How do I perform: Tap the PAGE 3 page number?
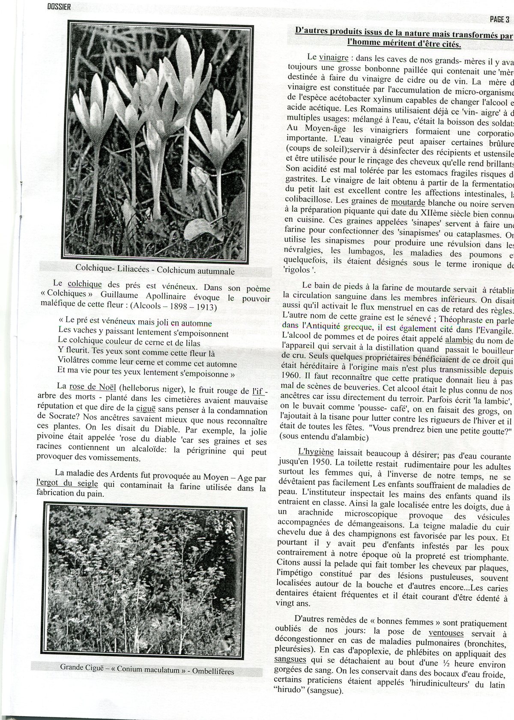click(x=499, y=19)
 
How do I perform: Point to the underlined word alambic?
click(x=459, y=339)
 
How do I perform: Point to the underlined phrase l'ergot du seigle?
click(x=67, y=483)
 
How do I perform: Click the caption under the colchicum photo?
click(x=155, y=270)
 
